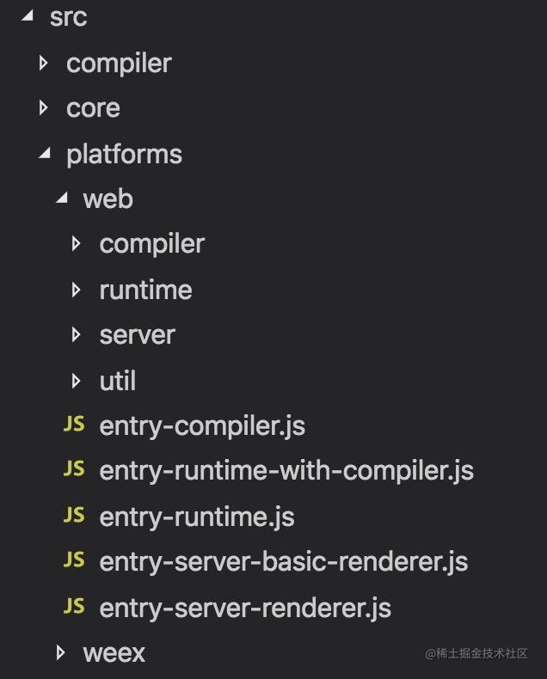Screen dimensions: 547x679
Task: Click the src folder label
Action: click(69, 17)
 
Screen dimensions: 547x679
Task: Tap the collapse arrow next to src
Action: click(28, 16)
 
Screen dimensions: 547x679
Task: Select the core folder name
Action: click(93, 108)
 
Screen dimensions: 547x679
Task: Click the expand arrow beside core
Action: click(43, 107)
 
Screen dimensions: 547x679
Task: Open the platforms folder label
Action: click(125, 155)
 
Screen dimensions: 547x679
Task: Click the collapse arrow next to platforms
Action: click(45, 152)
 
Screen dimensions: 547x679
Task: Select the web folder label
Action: click(108, 199)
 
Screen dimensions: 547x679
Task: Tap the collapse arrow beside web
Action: click(62, 198)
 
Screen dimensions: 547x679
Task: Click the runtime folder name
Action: click(145, 291)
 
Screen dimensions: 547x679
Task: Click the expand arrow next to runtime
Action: click(77, 291)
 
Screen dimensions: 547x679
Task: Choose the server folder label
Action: click(138, 335)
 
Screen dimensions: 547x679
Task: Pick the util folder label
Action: click(118, 381)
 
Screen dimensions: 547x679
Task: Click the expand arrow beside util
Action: click(77, 381)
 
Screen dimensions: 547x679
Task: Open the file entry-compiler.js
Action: click(202, 426)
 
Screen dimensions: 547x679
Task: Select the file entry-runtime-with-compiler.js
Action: click(286, 471)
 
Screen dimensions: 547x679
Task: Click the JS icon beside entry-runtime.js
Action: click(74, 516)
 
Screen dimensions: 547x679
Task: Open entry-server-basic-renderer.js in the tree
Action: click(284, 562)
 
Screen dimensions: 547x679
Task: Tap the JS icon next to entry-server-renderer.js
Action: click(74, 606)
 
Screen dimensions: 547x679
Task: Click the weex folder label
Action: click(114, 653)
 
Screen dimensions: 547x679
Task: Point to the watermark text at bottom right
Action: click(476, 653)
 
